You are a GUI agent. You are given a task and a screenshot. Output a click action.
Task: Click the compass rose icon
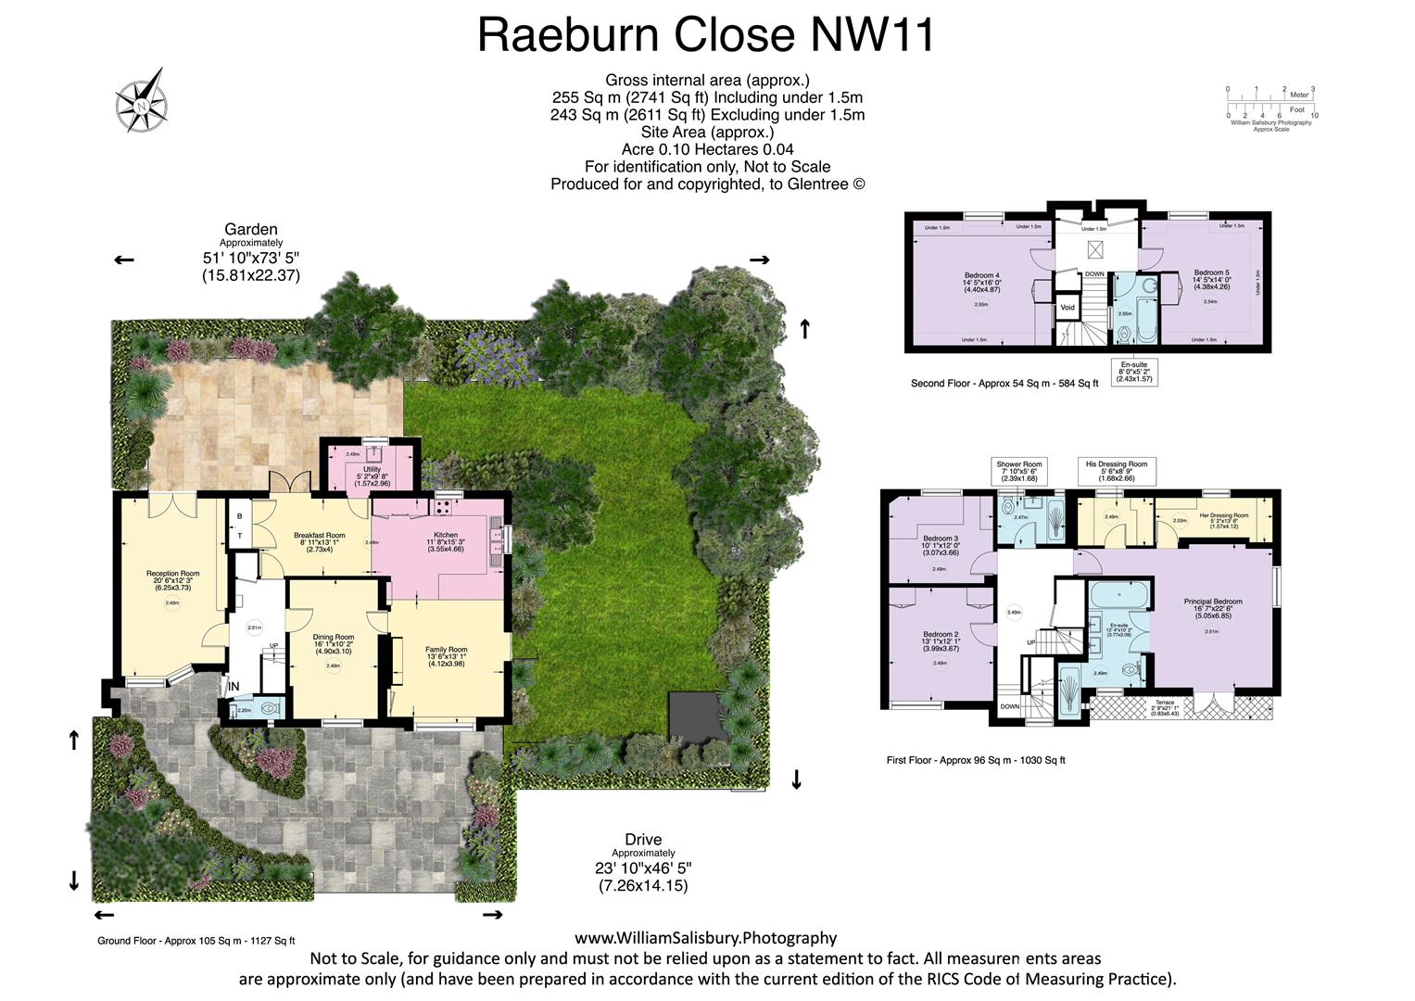(141, 101)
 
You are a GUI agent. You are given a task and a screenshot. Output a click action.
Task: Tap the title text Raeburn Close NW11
(706, 35)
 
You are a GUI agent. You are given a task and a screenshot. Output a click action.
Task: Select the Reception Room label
(172, 574)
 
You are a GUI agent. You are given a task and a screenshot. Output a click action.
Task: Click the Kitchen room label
(446, 535)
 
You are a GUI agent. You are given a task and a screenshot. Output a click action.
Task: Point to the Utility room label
(372, 470)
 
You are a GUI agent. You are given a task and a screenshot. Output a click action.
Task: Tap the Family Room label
(446, 650)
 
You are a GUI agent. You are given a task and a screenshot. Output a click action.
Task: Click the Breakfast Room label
(319, 536)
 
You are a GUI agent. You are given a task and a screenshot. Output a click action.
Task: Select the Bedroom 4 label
(981, 275)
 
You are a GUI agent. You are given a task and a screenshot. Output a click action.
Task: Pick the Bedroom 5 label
(1211, 272)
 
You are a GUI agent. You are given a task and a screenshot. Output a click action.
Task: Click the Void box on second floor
(1068, 308)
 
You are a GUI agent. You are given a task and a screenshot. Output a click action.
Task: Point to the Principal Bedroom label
(1213, 602)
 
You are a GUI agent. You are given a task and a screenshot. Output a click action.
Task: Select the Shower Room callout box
(1019, 471)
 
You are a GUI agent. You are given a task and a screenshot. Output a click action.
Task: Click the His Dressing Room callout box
(1117, 471)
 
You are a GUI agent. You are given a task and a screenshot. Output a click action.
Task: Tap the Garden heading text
(250, 229)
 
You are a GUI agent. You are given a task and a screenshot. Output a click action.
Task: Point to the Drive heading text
(643, 840)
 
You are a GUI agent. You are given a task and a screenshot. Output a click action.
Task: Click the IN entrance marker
(234, 687)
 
